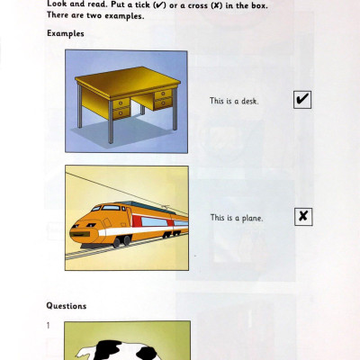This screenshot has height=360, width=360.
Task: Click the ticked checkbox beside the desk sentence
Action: pyautogui.click(x=302, y=100)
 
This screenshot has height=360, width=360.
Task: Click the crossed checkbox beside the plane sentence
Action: pyautogui.click(x=303, y=217)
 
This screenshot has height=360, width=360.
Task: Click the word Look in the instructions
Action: pyautogui.click(x=57, y=5)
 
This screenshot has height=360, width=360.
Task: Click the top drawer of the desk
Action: pyautogui.click(x=162, y=94)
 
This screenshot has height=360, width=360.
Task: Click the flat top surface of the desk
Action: pyautogui.click(x=126, y=83)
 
